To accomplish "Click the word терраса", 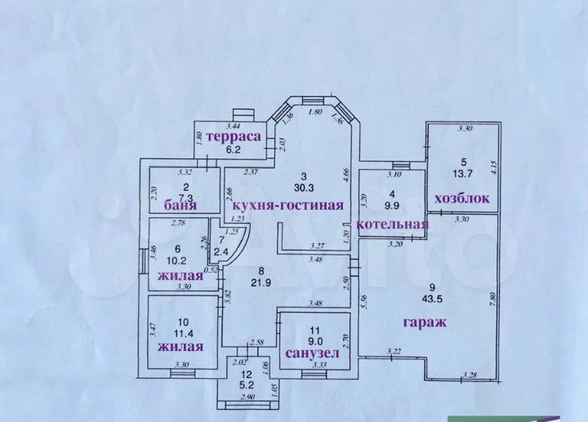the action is pyautogui.click(x=233, y=136).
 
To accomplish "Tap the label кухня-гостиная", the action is pyautogui.click(x=287, y=203).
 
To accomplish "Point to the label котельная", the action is pyautogui.click(x=394, y=224).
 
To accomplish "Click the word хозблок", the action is pyautogui.click(x=462, y=198).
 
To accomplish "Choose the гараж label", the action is pyautogui.click(x=424, y=322).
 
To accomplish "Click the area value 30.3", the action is pyautogui.click(x=303, y=188).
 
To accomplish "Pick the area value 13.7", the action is pyautogui.click(x=462, y=173).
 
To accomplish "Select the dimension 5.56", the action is pyautogui.click(x=364, y=305).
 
